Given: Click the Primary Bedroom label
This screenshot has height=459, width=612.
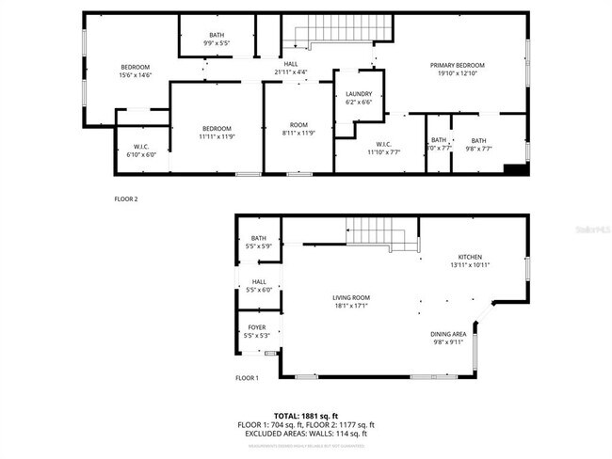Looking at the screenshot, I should (x=463, y=65).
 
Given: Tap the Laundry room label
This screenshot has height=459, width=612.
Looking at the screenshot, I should (x=359, y=94).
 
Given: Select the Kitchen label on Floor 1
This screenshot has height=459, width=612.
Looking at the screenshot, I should (x=470, y=257).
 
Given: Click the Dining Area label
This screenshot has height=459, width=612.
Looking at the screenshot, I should (x=449, y=335).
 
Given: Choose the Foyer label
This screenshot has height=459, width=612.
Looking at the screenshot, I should (x=257, y=327).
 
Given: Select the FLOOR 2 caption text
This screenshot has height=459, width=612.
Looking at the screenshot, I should (x=126, y=199).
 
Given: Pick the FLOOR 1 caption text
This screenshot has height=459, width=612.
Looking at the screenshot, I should (x=247, y=378).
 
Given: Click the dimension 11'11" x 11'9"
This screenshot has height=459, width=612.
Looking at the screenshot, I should (x=216, y=136).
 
